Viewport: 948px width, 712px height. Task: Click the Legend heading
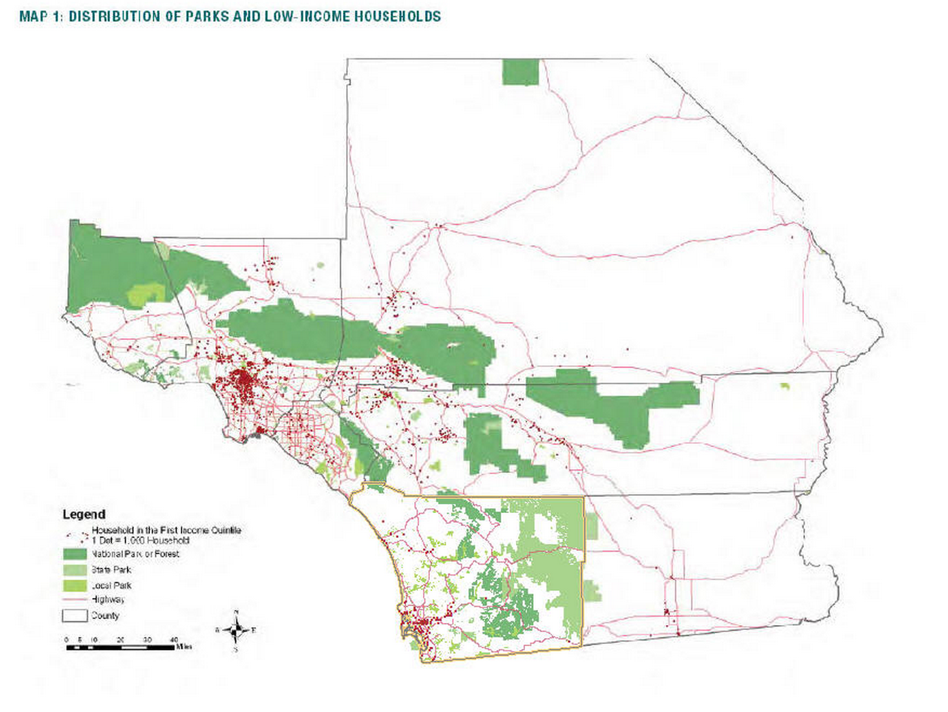click(x=84, y=514)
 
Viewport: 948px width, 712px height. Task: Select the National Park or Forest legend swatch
click(x=75, y=554)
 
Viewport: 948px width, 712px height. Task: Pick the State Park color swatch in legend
click(x=75, y=570)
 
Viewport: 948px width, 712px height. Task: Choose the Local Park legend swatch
click(x=75, y=585)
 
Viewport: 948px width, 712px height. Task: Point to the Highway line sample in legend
click(x=75, y=600)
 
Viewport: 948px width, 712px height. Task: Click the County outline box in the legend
click(x=75, y=616)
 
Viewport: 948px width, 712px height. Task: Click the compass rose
click(x=236, y=630)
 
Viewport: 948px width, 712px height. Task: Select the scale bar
click(x=120, y=647)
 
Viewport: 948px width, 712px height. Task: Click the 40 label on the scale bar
click(x=173, y=639)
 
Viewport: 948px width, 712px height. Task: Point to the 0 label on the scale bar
click(x=67, y=639)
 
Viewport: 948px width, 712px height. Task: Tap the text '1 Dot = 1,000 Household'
click(x=141, y=541)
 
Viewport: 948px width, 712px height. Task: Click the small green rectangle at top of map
click(x=520, y=72)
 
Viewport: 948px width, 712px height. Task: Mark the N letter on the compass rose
click(x=236, y=612)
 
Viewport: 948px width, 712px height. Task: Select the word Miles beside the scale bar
click(x=184, y=647)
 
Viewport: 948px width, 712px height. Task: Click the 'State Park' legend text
click(x=111, y=570)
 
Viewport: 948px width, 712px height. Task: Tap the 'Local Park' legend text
click(x=111, y=585)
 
